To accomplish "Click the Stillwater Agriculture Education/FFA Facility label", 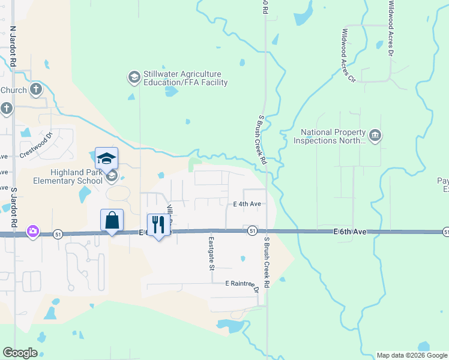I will pyautogui.click(x=185, y=77).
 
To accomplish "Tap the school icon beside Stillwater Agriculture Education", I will pyautogui.click(x=133, y=77).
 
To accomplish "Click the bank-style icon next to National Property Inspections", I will pyautogui.click(x=376, y=136).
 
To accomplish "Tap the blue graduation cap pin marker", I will pyautogui.click(x=106, y=158).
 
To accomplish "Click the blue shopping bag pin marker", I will pyautogui.click(x=112, y=220).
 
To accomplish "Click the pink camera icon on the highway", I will pyautogui.click(x=33, y=231).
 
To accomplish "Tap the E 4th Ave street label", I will pyautogui.click(x=247, y=204).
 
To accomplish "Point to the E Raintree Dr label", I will pyautogui.click(x=242, y=283).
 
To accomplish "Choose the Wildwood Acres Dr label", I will pyautogui.click(x=391, y=28).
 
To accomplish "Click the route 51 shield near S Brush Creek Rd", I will pyautogui.click(x=252, y=231).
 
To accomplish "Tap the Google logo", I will pyautogui.click(x=20, y=353).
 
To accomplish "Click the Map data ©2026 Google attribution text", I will pyautogui.click(x=412, y=355).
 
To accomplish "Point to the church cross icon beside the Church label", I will pyautogui.click(x=36, y=90).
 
